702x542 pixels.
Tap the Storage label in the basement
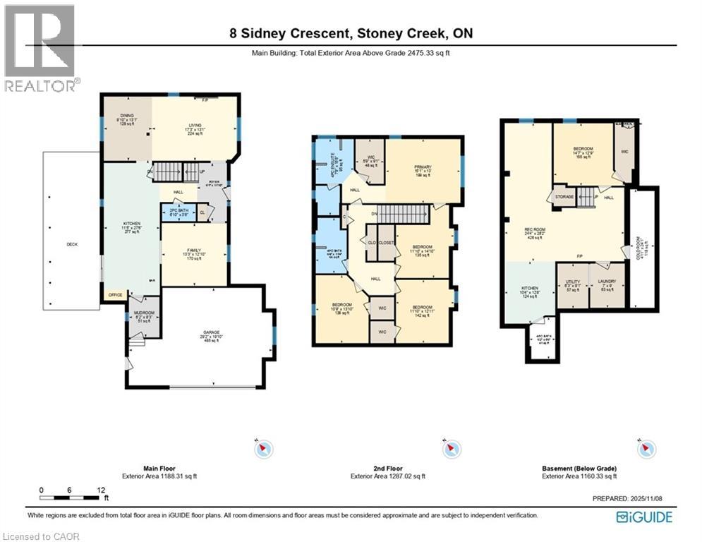pos(564,197)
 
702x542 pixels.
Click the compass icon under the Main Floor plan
pos(264,448)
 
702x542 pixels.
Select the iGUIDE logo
pos(643,517)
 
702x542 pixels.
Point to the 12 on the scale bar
pos(103,490)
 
